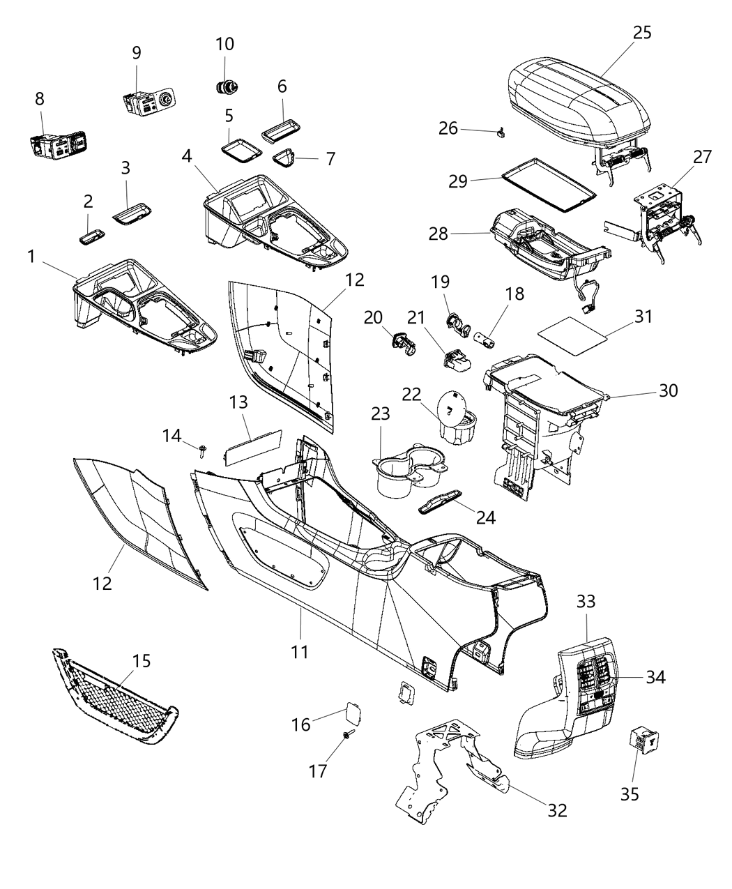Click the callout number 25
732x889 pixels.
[642, 33]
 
